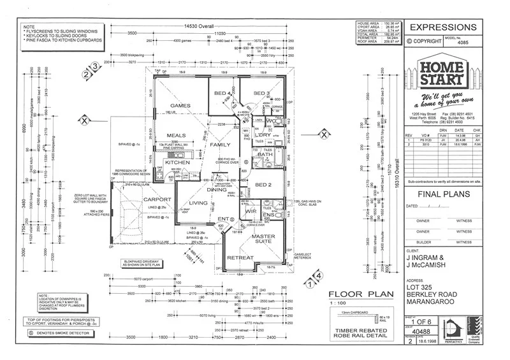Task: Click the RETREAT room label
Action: [241, 258]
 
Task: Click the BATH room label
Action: [266, 154]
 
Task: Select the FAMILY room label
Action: [220, 145]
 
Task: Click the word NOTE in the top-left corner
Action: [29, 25]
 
